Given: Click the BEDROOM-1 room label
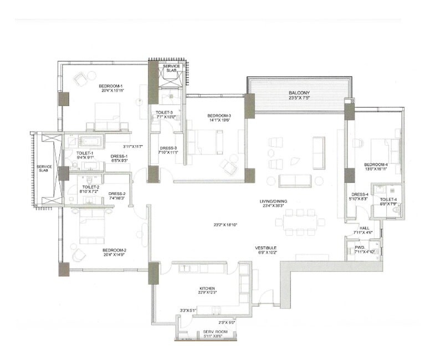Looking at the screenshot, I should click(x=111, y=86).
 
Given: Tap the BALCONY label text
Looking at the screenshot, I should click(x=299, y=93).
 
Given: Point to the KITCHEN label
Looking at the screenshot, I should click(x=207, y=289).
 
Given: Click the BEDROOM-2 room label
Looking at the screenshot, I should click(x=115, y=250).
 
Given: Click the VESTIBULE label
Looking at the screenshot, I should click(x=266, y=248).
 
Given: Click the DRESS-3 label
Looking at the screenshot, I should click(x=168, y=148).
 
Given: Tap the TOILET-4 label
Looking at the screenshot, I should click(x=389, y=199).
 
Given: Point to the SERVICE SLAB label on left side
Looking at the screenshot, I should click(x=43, y=168).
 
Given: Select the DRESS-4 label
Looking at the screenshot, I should click(x=359, y=194).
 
